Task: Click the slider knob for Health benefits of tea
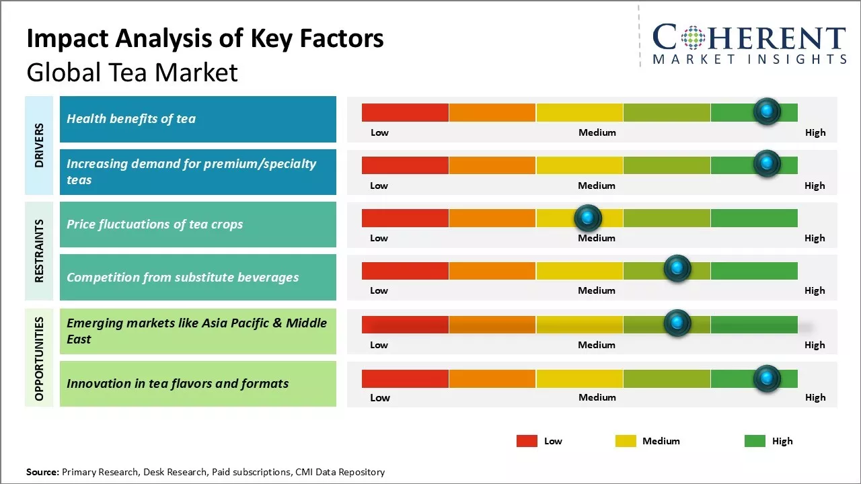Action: pyautogui.click(x=766, y=112)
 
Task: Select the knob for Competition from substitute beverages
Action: pyautogui.click(x=677, y=269)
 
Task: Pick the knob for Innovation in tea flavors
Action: pyautogui.click(x=766, y=379)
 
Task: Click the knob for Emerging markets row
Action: pyautogui.click(x=677, y=323)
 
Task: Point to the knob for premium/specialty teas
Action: pyautogui.click(x=766, y=164)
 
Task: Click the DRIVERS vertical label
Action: pyautogui.click(x=39, y=145)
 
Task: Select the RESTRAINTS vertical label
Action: pyautogui.click(x=39, y=251)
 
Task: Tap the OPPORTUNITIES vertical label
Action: pyautogui.click(x=39, y=358)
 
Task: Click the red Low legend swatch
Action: pyautogui.click(x=527, y=441)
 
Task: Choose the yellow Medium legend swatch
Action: pyautogui.click(x=626, y=441)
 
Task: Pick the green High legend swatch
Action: pyautogui.click(x=755, y=441)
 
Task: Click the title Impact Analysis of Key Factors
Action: pyautogui.click(x=205, y=39)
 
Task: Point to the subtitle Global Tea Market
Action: pyautogui.click(x=133, y=73)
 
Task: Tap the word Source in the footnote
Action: pyautogui.click(x=42, y=472)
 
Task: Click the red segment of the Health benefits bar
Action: pyautogui.click(x=405, y=112)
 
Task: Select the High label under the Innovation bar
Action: pyautogui.click(x=815, y=397)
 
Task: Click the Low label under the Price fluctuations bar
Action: pyautogui.click(x=379, y=238)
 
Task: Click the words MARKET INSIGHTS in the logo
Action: pyautogui.click(x=749, y=60)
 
